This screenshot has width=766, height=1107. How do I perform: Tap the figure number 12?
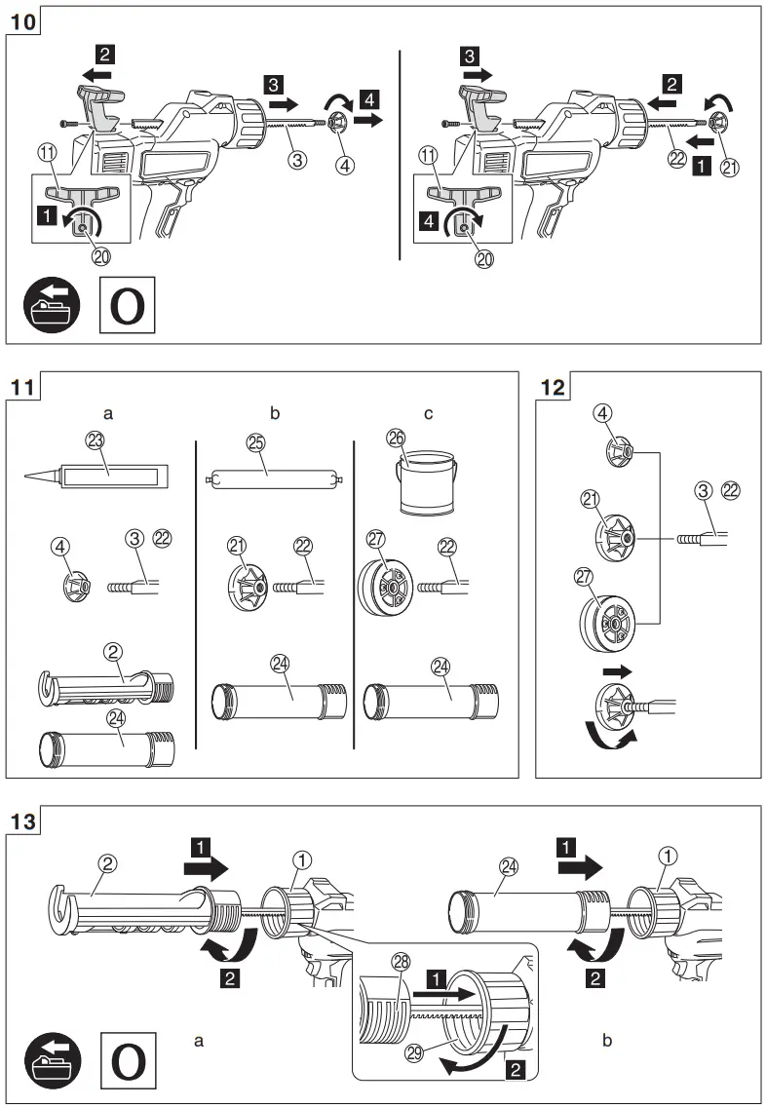pyautogui.click(x=553, y=387)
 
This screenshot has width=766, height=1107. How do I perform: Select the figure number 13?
pyautogui.click(x=25, y=821)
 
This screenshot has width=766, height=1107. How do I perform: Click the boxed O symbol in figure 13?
pyautogui.click(x=129, y=1060)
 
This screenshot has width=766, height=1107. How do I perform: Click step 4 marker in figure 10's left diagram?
pyautogui.click(x=368, y=97)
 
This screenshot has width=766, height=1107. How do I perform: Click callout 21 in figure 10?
pyautogui.click(x=727, y=167)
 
